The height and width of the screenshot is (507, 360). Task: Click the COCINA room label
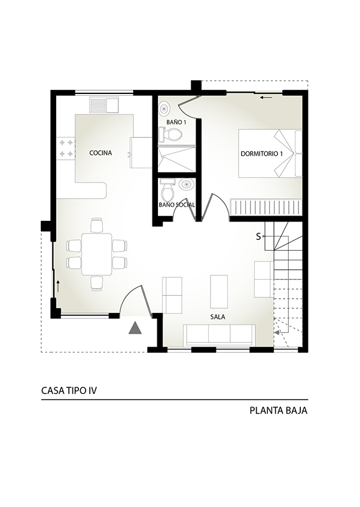pos(100,153)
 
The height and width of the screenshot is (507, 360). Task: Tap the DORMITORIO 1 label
pos(262,154)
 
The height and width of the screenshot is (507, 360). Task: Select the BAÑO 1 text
pos(176,122)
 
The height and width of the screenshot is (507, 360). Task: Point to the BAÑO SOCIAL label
pos(177,205)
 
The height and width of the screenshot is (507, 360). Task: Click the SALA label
pos(218,317)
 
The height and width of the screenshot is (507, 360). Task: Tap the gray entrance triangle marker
pos(135,328)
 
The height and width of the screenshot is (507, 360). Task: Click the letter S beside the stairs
pos(258,236)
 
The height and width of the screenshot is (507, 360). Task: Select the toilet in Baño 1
pos(170,134)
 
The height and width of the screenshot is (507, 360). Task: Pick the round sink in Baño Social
pos(186,184)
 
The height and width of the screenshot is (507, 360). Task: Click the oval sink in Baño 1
pos(164,109)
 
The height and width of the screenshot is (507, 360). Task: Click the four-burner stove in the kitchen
pos(66,147)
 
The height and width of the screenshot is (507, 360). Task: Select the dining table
pos(97,254)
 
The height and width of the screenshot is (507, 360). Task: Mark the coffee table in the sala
pos(219,292)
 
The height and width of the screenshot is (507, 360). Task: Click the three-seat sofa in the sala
pos(219,335)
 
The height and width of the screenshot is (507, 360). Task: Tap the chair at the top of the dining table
pos(97,226)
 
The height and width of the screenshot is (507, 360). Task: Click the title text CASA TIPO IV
pos(69,391)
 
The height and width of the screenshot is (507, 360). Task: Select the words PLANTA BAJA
pos(279,411)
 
